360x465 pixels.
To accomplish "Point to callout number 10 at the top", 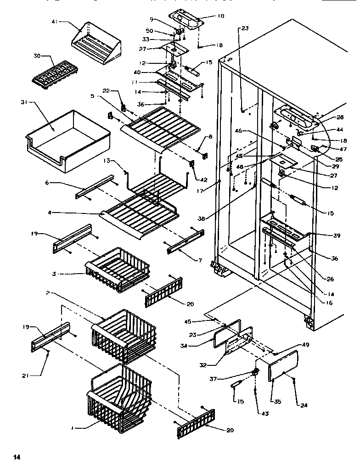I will coord(220,16).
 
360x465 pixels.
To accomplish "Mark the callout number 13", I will coord(107,161).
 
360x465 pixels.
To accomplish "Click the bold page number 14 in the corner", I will coord(17,456).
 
